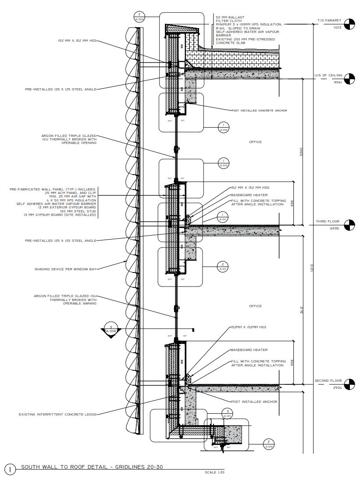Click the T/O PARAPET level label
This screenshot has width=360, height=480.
(329, 21)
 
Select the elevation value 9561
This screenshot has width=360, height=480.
(337, 82)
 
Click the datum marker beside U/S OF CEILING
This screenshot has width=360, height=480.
(349, 79)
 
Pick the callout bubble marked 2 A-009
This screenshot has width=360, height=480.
(139, 17)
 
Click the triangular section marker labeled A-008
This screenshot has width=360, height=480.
(111, 330)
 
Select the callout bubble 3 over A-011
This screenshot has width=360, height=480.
(228, 413)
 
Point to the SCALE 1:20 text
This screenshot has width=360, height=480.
(214, 473)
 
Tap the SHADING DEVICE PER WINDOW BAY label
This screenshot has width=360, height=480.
(65, 269)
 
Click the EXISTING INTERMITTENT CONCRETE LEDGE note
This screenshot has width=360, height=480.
(57, 414)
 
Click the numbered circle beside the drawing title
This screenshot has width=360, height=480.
(11, 469)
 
